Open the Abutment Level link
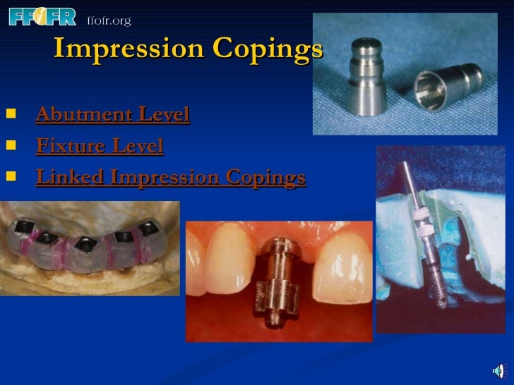(113, 114)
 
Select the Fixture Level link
(100, 146)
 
